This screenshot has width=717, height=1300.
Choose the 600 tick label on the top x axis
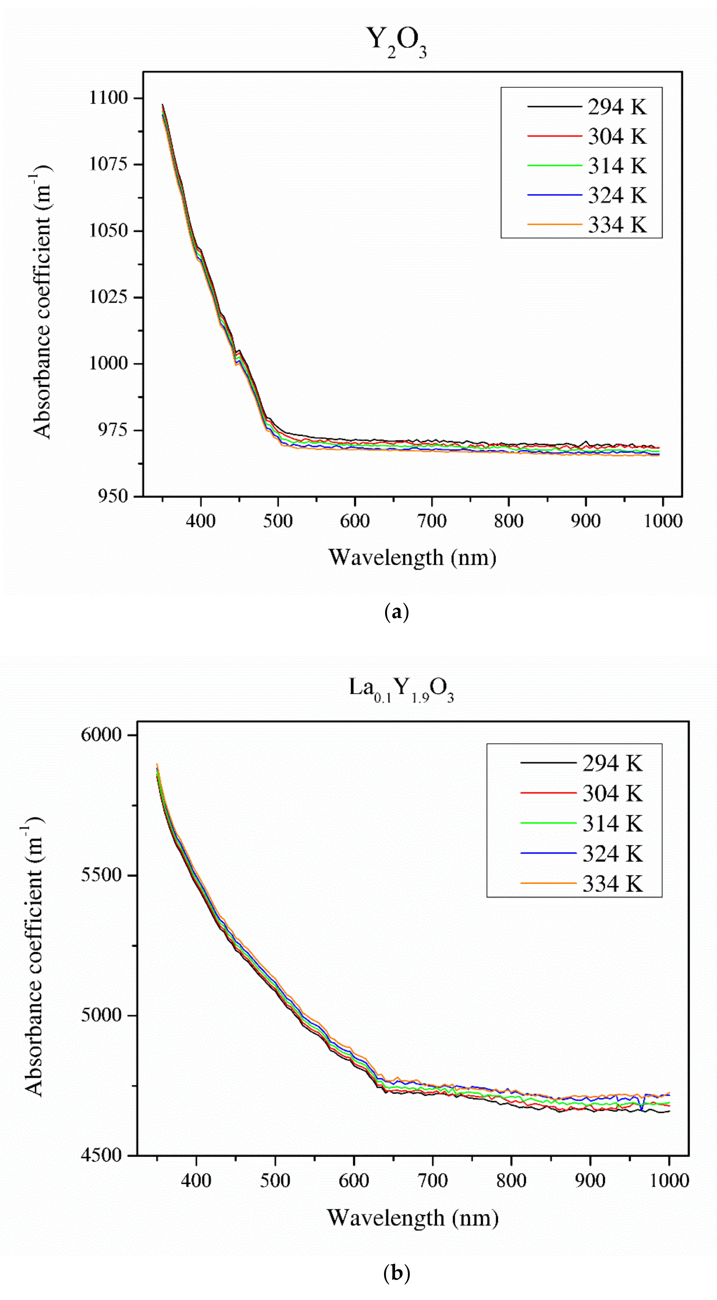pos(355,521)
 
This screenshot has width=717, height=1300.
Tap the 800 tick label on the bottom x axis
pos(511,1181)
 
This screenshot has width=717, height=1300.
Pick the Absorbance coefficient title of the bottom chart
pos(34,954)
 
